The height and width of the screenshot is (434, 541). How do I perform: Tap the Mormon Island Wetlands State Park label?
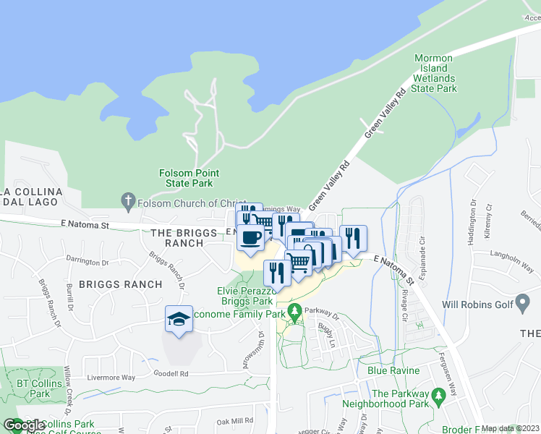coord(434,73)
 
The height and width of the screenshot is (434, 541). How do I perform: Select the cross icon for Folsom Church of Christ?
coord(128,200)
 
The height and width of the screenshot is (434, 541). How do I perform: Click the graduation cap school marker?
coord(179,319)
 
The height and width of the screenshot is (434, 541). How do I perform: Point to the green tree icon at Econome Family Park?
coord(294,312)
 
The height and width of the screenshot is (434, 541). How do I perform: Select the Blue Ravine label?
coord(393,370)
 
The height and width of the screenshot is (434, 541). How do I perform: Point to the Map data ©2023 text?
coord(510,428)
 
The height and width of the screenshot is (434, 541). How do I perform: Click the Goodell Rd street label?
coord(171,374)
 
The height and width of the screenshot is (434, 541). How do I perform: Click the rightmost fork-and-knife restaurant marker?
coord(353,238)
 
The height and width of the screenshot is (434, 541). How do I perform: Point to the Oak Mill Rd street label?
coord(234,420)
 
